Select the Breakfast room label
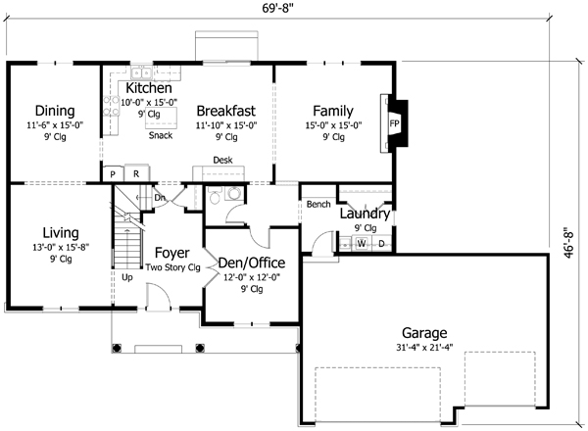[225, 110]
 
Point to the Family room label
[332, 110]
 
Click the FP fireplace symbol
[394, 124]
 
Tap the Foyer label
[172, 253]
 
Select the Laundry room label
[365, 214]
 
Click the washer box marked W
[361, 243]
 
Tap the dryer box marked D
[381, 243]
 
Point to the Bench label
[318, 205]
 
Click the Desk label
[223, 160]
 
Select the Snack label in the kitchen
[161, 135]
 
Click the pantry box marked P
[114, 174]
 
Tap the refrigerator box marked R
[136, 174]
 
